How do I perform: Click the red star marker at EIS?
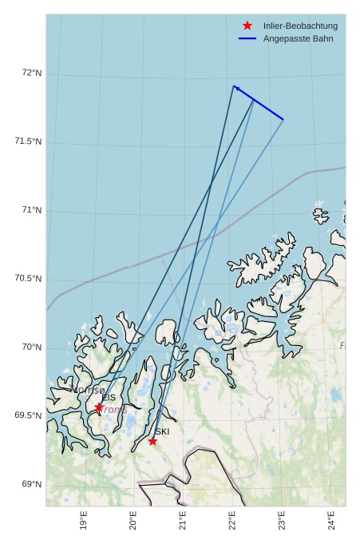point(99,407)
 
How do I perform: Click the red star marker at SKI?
point(152,441)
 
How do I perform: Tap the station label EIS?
point(109,398)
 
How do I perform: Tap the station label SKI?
point(162,431)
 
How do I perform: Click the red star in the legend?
point(247,26)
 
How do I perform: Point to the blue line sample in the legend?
point(247,38)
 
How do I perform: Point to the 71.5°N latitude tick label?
point(29,141)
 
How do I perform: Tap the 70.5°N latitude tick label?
point(29,279)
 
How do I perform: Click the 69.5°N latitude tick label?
point(29,415)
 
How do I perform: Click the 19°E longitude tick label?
point(84,521)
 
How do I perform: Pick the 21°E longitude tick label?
point(183,521)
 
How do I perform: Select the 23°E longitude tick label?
point(282,521)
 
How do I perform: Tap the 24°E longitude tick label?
point(331,521)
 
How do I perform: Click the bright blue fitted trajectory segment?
point(259,102)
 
